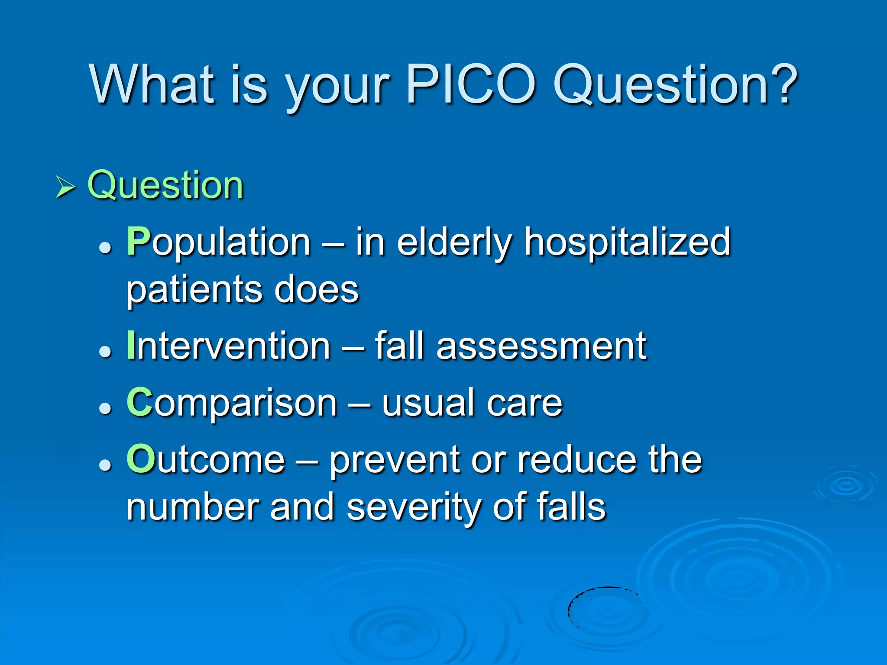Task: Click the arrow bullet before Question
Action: tap(65, 188)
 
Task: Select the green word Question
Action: tap(165, 185)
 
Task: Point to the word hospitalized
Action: tap(628, 242)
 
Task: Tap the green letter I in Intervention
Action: tap(131, 345)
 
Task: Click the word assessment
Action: tap(541, 346)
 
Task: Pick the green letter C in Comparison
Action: tap(139, 403)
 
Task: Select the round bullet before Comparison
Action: tap(105, 408)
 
